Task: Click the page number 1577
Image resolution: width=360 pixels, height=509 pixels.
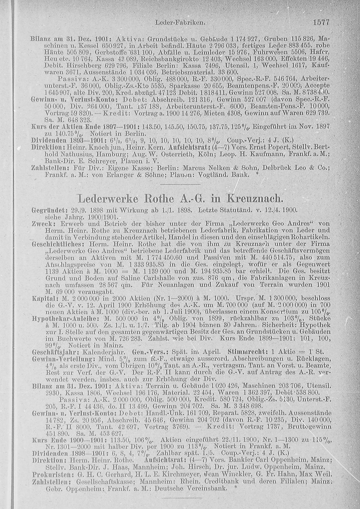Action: coord(321,22)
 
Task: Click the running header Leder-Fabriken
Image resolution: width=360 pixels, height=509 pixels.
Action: coord(180,23)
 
